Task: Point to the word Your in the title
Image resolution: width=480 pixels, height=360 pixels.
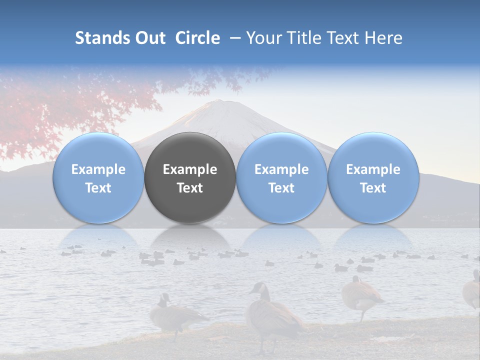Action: pos(262,38)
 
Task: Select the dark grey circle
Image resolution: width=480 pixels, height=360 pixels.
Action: pos(190,178)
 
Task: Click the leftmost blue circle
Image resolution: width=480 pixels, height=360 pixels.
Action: pos(98,178)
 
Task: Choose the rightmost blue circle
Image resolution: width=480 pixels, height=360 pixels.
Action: pos(373,178)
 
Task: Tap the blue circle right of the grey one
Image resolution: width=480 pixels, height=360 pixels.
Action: pos(281,178)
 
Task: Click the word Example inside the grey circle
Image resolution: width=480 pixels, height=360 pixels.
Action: pos(190,169)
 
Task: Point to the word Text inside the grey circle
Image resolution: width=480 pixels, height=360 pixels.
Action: pos(190,188)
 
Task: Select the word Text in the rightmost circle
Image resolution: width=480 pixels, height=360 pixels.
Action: pos(373,188)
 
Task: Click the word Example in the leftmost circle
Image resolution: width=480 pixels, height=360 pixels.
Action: pos(98,169)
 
